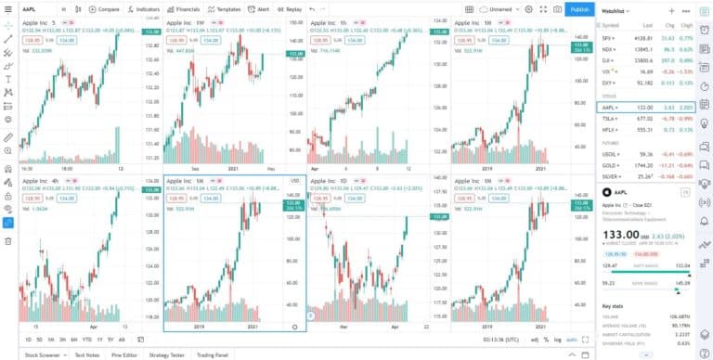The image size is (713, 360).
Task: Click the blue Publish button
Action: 579,9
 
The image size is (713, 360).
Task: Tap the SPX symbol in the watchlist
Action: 608,37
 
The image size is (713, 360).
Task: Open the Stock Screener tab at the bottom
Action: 44,354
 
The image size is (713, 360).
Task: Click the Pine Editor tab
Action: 124,354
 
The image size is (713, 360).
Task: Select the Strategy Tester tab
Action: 167,354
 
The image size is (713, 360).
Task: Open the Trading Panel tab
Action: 213,354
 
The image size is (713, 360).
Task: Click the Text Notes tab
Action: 86,354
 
